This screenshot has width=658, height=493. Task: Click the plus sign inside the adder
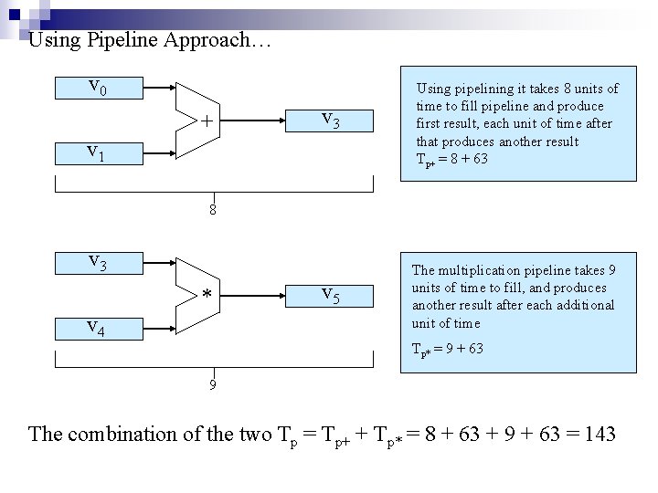[x=207, y=121]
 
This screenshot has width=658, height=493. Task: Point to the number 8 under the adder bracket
[x=212, y=210]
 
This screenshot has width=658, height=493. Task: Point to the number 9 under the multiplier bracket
[x=212, y=384]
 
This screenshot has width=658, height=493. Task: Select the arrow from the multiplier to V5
[x=252, y=294]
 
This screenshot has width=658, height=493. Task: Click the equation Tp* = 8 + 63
[x=452, y=159]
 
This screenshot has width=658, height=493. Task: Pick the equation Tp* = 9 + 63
[x=449, y=349]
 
